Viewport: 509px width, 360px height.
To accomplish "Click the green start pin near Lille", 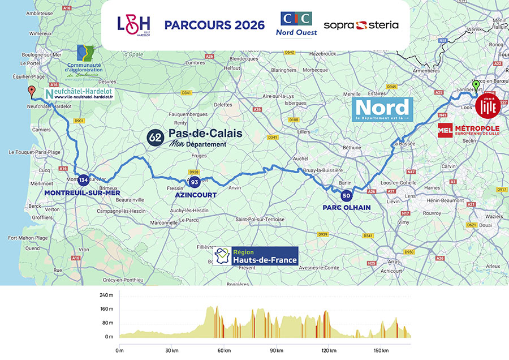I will point(476,85).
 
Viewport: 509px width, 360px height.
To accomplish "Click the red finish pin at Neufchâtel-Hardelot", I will point(32,91).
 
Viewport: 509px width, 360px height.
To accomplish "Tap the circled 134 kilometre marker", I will point(83,179).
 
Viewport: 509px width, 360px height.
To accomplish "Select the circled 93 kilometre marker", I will point(195,182).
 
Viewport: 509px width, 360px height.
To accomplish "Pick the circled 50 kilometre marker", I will point(346,196).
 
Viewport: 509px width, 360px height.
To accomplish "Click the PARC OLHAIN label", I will point(346,208).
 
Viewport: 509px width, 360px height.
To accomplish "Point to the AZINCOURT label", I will point(194,194).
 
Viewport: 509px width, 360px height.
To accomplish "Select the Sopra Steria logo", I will point(361,25).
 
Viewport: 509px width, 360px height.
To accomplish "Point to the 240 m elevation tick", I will point(106,295).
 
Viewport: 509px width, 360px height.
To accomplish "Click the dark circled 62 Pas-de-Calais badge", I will point(155,137).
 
